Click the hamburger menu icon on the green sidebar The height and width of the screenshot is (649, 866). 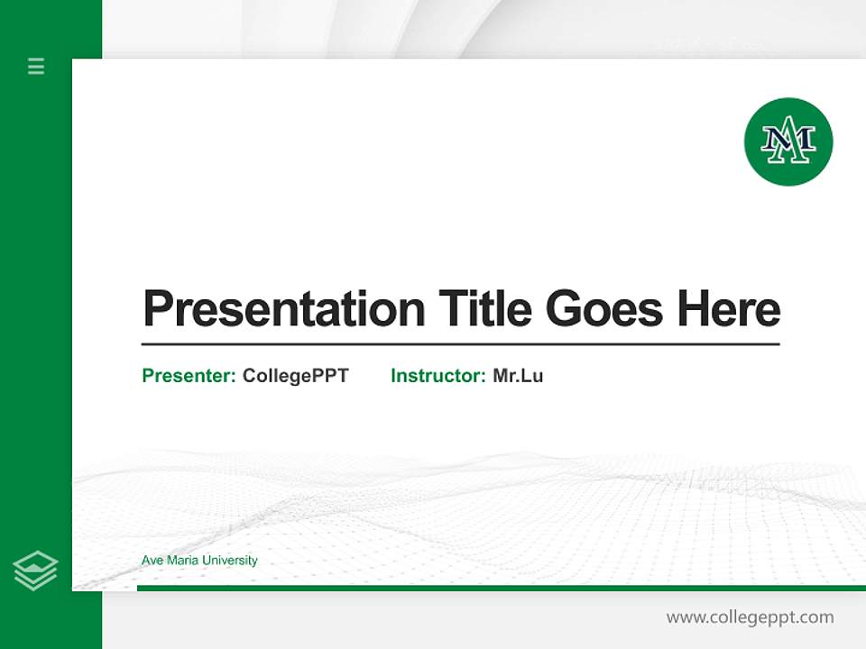(x=36, y=66)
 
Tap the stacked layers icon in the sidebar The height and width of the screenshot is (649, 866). (x=35, y=571)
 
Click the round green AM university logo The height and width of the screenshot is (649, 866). (x=788, y=142)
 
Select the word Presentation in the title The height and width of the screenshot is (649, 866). (x=283, y=309)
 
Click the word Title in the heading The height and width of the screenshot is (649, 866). (x=484, y=308)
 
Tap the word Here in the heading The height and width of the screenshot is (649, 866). (x=729, y=308)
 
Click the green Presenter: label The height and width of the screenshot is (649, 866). (x=189, y=376)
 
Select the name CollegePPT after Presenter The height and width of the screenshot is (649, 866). (x=295, y=376)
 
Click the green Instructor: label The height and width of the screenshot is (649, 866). (x=438, y=376)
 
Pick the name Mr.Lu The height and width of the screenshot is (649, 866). (x=518, y=376)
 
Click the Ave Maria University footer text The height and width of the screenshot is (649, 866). (x=199, y=561)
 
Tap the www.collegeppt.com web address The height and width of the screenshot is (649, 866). (x=750, y=617)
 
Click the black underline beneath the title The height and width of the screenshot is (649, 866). (x=460, y=343)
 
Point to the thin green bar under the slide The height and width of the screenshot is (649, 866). (x=501, y=588)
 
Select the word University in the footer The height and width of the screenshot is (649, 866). (x=229, y=561)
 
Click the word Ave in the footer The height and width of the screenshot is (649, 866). (x=152, y=561)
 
